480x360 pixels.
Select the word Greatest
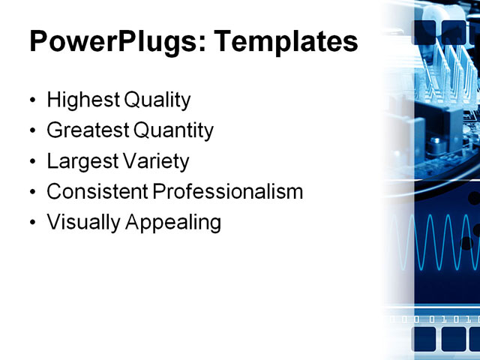[x=87, y=130]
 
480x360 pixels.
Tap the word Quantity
[x=174, y=130]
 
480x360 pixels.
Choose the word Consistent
[x=97, y=192]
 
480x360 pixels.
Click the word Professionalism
[x=228, y=192]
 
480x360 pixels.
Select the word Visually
[x=78, y=223]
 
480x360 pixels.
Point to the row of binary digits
[x=435, y=319]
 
